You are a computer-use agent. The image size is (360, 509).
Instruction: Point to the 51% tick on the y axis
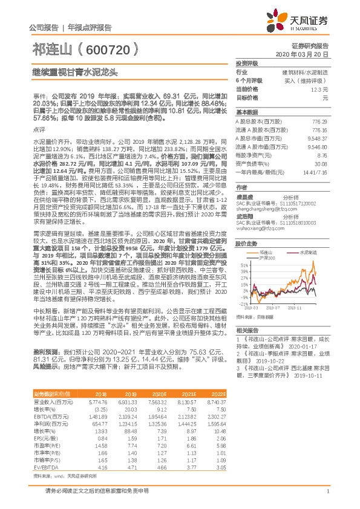[x=243, y=265]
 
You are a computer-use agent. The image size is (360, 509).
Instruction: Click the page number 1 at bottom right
[x=327, y=499]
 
